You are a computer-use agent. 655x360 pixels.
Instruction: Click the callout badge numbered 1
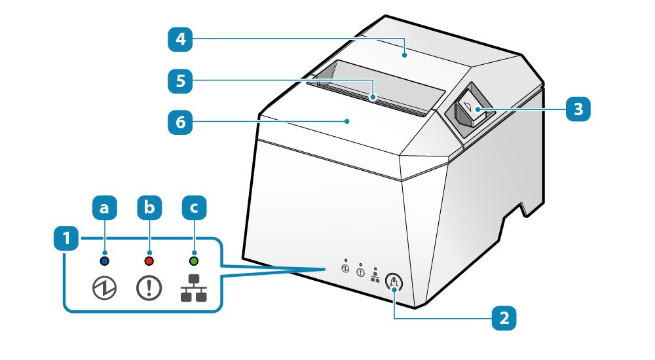(65, 238)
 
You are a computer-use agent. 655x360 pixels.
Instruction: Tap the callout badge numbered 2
(504, 319)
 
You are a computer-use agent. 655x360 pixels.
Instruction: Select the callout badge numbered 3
(578, 109)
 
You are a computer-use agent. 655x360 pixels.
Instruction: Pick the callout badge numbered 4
(180, 40)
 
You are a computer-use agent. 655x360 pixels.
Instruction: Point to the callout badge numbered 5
(180, 81)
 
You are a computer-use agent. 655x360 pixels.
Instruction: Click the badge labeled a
(103, 208)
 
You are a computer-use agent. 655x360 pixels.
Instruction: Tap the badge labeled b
(149, 208)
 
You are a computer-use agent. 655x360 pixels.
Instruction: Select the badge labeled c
(194, 208)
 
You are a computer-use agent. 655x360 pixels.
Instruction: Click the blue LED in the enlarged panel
(103, 261)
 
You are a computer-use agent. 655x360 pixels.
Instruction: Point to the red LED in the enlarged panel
(149, 261)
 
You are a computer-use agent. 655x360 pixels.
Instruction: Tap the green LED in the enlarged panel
(194, 261)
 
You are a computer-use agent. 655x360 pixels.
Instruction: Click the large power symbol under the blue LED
(103, 289)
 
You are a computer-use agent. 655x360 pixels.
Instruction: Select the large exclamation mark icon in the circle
(149, 289)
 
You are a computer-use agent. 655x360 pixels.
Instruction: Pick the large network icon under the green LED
(193, 289)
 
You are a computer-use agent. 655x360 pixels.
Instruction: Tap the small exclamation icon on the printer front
(360, 272)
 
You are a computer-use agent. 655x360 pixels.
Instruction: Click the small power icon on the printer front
(345, 268)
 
